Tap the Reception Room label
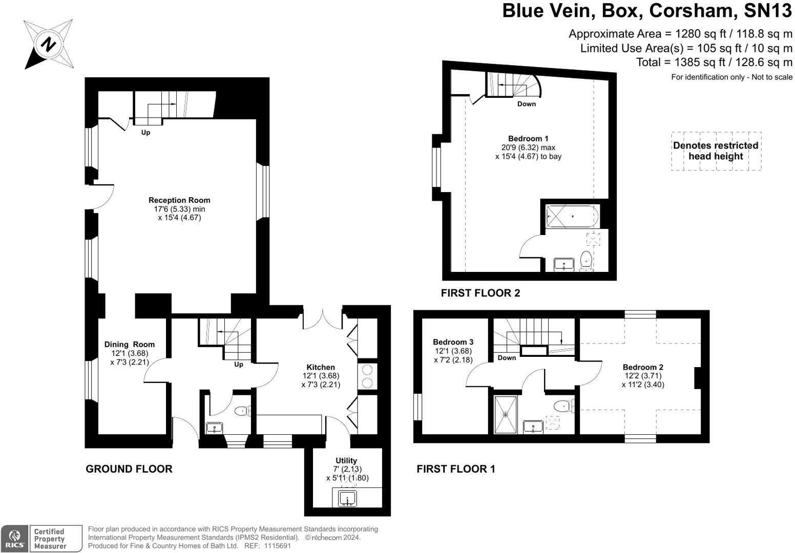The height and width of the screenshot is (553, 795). (179, 200)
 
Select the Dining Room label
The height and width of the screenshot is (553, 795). (129, 345)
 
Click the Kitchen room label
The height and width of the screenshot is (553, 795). (321, 367)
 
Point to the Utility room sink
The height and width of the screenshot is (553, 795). (348, 498)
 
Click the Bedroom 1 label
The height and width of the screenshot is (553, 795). (528, 139)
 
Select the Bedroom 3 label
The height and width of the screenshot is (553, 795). (453, 342)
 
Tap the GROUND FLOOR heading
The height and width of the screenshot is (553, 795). (129, 469)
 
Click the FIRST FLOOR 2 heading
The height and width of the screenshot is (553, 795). (480, 293)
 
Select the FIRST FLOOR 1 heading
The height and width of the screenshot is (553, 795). (456, 469)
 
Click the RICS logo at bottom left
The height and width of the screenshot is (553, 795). (14, 539)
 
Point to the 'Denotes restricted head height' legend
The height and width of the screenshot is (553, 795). (716, 151)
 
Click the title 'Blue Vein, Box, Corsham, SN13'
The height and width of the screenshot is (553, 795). (647, 11)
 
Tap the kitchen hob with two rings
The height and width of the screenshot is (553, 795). (367, 376)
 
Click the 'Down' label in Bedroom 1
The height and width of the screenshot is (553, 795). (526, 104)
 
